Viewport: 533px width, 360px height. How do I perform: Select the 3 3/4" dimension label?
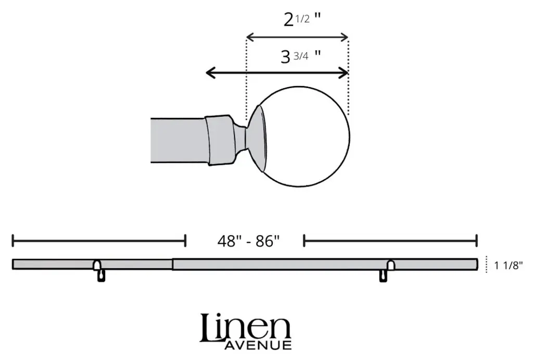[x=301, y=56]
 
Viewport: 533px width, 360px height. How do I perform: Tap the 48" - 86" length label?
[x=248, y=241]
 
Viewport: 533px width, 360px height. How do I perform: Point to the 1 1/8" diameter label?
[x=509, y=265]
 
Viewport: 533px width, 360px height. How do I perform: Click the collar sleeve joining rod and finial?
[x=220, y=140]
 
